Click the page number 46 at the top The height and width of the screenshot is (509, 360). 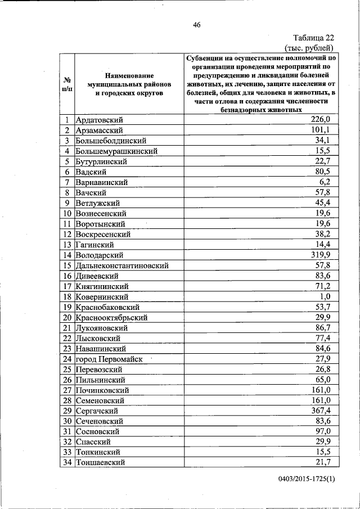pos(196,24)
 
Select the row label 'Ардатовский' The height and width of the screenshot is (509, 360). pos(99,120)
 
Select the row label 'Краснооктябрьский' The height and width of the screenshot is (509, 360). pos(111,317)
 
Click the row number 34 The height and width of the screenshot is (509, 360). pos(67,462)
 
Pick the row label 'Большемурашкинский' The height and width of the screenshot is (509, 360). pos(116,151)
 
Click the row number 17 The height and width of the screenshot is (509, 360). pos(67,286)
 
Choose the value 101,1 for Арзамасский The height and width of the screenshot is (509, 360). pos(326,130)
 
